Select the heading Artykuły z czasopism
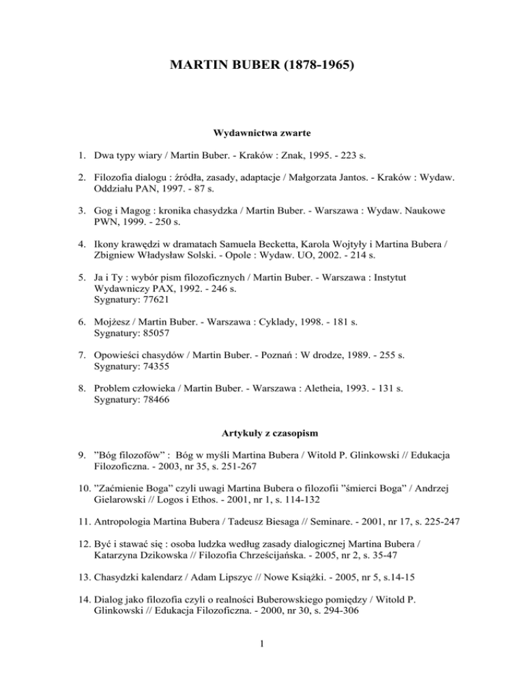pyautogui.click(x=261, y=432)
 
